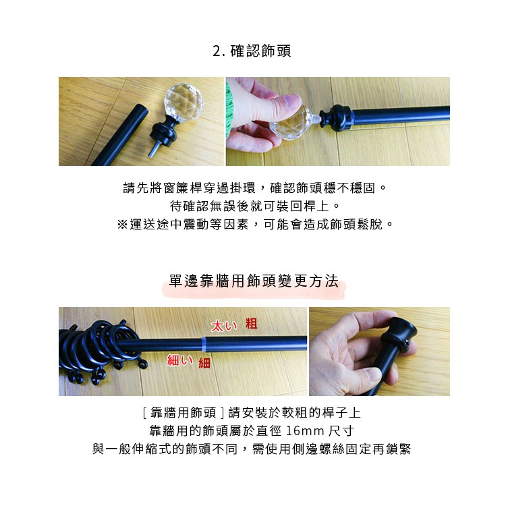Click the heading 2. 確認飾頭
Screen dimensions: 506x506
tap(252, 51)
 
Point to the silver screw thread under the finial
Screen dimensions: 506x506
tap(153, 149)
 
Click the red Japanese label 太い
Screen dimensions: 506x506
tap(223, 326)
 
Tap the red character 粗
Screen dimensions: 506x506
tap(252, 323)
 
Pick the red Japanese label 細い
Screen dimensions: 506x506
tap(179, 360)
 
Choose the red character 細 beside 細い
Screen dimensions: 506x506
tap(204, 364)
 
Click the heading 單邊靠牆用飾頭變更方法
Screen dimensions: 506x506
tap(254, 281)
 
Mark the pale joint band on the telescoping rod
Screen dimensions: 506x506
tap(204, 344)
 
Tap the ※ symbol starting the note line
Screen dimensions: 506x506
tap(122, 224)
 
